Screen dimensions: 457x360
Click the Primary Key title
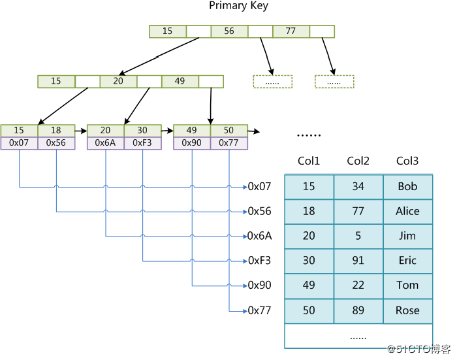point(238,6)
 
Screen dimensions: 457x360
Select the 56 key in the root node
point(229,31)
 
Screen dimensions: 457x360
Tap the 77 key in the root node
point(291,31)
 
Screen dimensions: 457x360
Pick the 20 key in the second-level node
point(118,82)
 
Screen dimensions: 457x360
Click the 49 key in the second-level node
point(180,82)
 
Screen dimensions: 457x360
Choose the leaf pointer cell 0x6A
point(106,143)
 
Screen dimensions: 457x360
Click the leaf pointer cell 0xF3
point(142,143)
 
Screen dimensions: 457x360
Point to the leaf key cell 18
point(56,131)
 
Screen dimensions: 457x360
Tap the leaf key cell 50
point(228,131)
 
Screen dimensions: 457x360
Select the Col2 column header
point(358,161)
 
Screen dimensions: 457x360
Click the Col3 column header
point(407,161)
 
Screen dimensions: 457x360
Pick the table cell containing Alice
point(408,212)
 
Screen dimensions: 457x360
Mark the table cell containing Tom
point(408,286)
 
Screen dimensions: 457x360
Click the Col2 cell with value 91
point(358,261)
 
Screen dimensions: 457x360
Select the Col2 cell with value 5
point(358,236)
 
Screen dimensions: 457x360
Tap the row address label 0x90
point(259,286)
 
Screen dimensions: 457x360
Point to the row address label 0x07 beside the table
point(259,187)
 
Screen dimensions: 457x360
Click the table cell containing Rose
point(408,311)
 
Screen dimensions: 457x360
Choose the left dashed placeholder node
point(273,82)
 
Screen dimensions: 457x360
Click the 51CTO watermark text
point(419,349)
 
